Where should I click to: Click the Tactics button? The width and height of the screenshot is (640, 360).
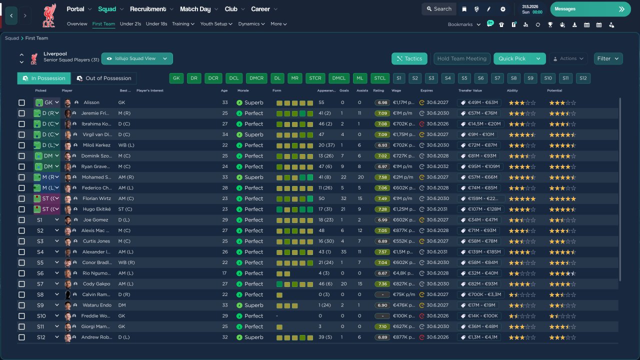(409, 58)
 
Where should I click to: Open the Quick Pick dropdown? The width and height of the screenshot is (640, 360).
(538, 58)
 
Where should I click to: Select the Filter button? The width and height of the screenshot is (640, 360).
(608, 58)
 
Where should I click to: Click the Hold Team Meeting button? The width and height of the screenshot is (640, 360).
(461, 58)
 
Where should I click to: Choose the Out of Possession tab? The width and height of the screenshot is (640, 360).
(103, 78)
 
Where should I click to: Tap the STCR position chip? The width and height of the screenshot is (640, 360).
(315, 78)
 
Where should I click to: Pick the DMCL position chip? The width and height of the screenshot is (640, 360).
(339, 78)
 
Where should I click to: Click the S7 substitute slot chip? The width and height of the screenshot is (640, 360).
(496, 78)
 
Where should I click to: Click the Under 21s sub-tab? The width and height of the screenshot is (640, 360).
(130, 23)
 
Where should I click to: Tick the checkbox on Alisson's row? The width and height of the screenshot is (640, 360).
(21, 102)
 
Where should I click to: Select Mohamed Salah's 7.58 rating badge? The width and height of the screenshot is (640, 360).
(382, 177)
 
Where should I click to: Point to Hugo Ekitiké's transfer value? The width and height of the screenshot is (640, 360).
(480, 209)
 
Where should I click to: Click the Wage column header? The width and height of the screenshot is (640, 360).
(396, 90)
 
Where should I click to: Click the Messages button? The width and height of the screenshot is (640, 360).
(590, 9)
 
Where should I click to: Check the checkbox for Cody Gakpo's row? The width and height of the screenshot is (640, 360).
(21, 284)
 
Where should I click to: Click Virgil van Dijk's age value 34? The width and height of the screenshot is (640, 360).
(224, 134)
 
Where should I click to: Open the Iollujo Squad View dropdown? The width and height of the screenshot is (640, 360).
(137, 58)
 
